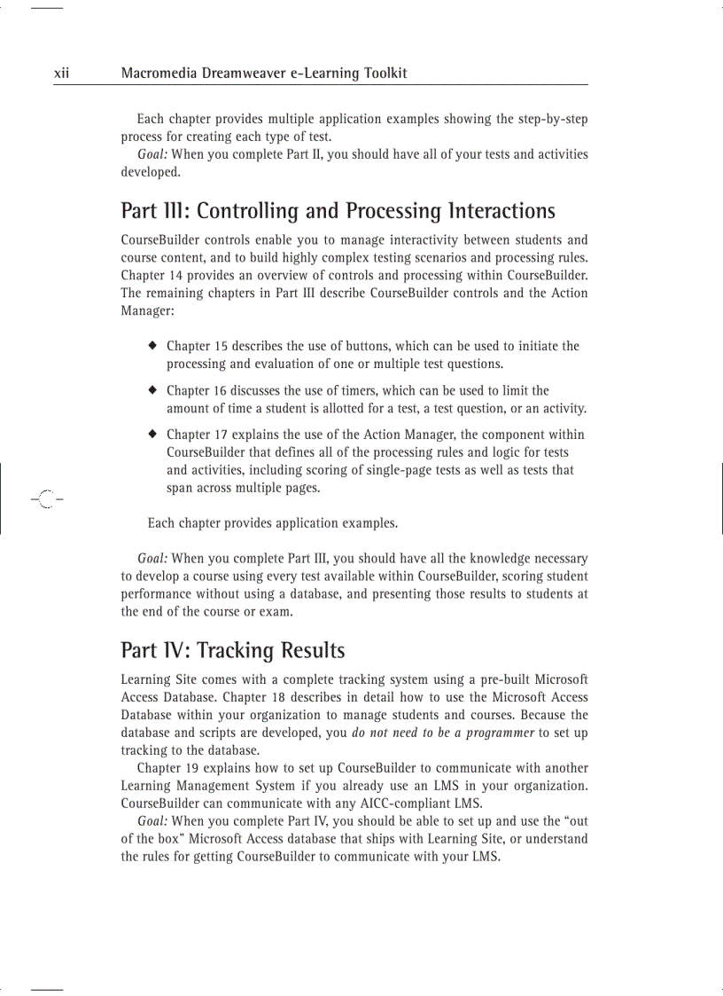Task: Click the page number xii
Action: (x=61, y=74)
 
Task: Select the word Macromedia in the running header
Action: (x=158, y=74)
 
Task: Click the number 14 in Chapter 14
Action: (x=178, y=275)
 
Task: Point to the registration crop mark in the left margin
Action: (x=45, y=500)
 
